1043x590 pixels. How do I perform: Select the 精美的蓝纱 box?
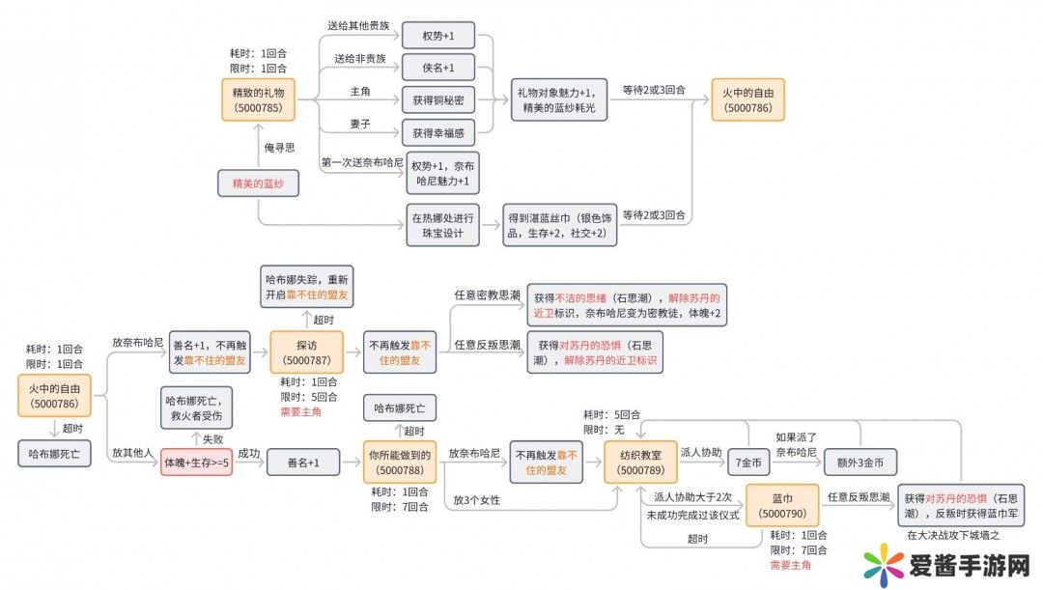coord(256,183)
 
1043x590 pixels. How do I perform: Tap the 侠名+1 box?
coord(437,68)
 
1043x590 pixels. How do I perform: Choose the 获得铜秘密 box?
coord(437,100)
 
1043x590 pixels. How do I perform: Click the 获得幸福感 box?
coord(437,132)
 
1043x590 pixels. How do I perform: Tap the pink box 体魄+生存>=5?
coord(197,464)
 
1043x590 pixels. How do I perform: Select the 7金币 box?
coord(747,463)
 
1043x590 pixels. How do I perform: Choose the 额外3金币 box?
coord(860,463)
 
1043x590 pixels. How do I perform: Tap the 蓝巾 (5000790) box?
coord(782,506)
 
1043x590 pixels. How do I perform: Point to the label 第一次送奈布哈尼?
coord(361,160)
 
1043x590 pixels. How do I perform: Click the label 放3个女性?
coord(478,500)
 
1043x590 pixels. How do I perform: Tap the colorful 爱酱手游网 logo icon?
coord(888,564)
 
